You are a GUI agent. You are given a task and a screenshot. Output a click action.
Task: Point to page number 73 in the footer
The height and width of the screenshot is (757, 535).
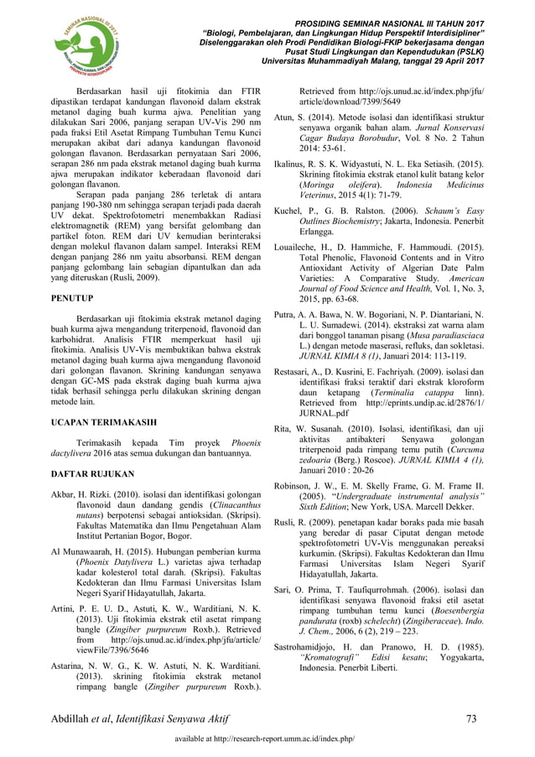pos(473,716)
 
